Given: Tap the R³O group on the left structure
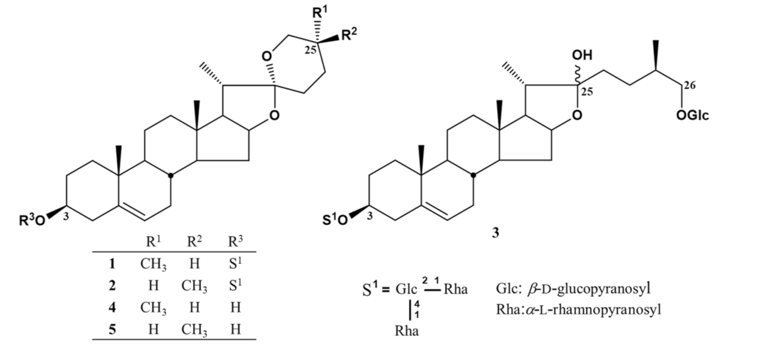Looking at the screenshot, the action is click(x=31, y=220).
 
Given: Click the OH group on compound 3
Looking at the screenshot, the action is click(x=581, y=56).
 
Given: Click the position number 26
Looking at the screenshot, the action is click(x=689, y=85).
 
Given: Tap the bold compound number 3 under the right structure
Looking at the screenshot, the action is click(x=495, y=232).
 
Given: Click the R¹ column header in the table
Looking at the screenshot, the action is click(x=154, y=242).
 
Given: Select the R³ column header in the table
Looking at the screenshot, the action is click(x=236, y=242).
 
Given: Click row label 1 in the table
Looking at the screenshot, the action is click(x=112, y=263).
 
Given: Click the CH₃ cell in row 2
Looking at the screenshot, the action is click(x=195, y=286).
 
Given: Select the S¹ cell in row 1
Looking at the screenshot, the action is click(x=236, y=263).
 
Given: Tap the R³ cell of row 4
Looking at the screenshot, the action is click(x=236, y=307).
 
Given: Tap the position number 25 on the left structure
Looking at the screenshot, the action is click(x=310, y=50).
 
